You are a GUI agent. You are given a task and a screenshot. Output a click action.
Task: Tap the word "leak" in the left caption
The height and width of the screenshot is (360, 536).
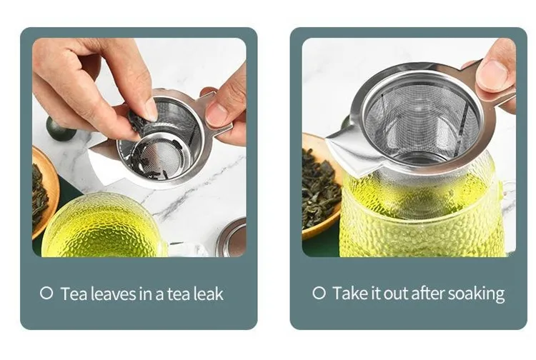[x=209, y=294]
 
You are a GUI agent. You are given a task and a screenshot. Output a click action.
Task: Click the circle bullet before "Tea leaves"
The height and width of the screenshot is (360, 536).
[x=46, y=294]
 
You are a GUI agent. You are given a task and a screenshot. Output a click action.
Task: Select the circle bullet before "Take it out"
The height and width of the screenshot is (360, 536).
[x=319, y=293]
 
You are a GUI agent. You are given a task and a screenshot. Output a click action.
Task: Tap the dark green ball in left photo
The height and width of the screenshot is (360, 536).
[x=59, y=129]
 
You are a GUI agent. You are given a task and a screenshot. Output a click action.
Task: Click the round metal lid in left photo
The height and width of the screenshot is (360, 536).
[x=232, y=238]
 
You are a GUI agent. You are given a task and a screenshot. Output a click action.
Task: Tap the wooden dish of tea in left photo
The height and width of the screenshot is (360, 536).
[x=44, y=192]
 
